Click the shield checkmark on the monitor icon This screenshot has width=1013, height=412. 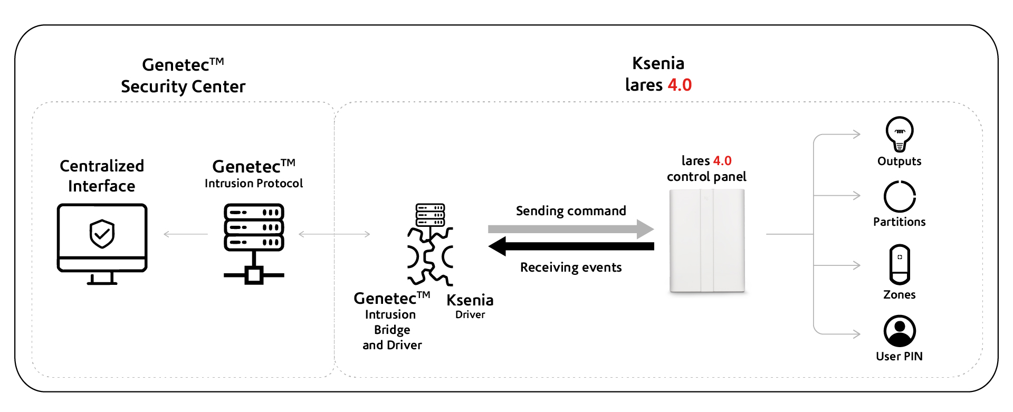tap(102, 233)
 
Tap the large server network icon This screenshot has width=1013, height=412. tap(254, 243)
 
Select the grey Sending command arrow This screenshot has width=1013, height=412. tap(570, 229)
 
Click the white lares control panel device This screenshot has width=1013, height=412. tap(707, 241)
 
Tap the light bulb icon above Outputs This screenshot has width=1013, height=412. tap(900, 133)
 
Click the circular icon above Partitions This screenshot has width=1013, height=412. tap(900, 197)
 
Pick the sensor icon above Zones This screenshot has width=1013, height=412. tap(900, 264)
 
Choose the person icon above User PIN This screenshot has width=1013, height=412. tap(900, 331)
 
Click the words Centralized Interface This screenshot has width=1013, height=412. tap(102, 176)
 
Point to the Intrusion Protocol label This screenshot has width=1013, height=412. tap(254, 184)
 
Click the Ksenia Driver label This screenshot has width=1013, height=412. tap(470, 306)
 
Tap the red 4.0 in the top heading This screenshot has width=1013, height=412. tap(680, 85)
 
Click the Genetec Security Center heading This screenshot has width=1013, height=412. tap(183, 75)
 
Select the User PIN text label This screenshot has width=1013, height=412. tap(899, 357)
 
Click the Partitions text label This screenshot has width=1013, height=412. tap(899, 222)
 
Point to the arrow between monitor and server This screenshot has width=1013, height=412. tap(186, 234)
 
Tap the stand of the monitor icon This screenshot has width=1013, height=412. tap(102, 279)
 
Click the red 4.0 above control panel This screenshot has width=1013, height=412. tap(722, 161)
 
